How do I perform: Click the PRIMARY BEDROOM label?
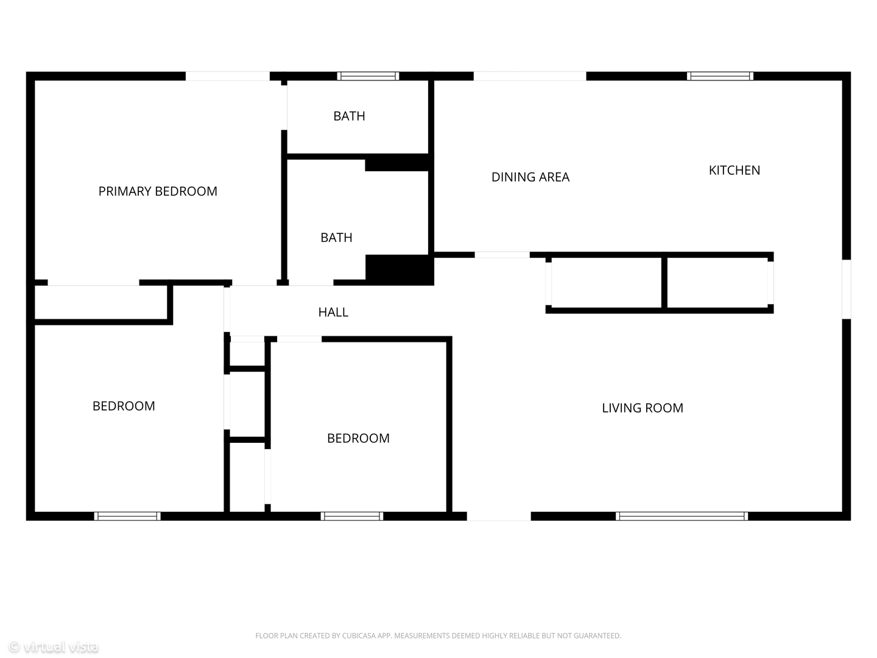[158, 191]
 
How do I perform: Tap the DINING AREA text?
[530, 177]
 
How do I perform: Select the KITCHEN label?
[734, 170]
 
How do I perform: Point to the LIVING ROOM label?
[643, 408]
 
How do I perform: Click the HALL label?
[333, 312]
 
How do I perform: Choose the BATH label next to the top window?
[349, 116]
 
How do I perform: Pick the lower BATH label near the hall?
[336, 238]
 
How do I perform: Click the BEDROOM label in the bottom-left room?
[124, 406]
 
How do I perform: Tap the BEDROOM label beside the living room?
[358, 438]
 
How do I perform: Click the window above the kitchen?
[720, 76]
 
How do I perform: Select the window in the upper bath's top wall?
[368, 76]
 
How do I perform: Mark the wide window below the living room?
[682, 516]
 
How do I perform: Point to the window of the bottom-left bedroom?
[127, 516]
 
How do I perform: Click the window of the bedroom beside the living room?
[352, 516]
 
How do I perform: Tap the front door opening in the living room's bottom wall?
[499, 516]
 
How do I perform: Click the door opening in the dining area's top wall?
[530, 76]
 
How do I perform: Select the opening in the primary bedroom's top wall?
[228, 76]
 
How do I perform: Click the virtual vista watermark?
[54, 646]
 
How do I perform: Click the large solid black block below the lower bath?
[400, 270]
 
